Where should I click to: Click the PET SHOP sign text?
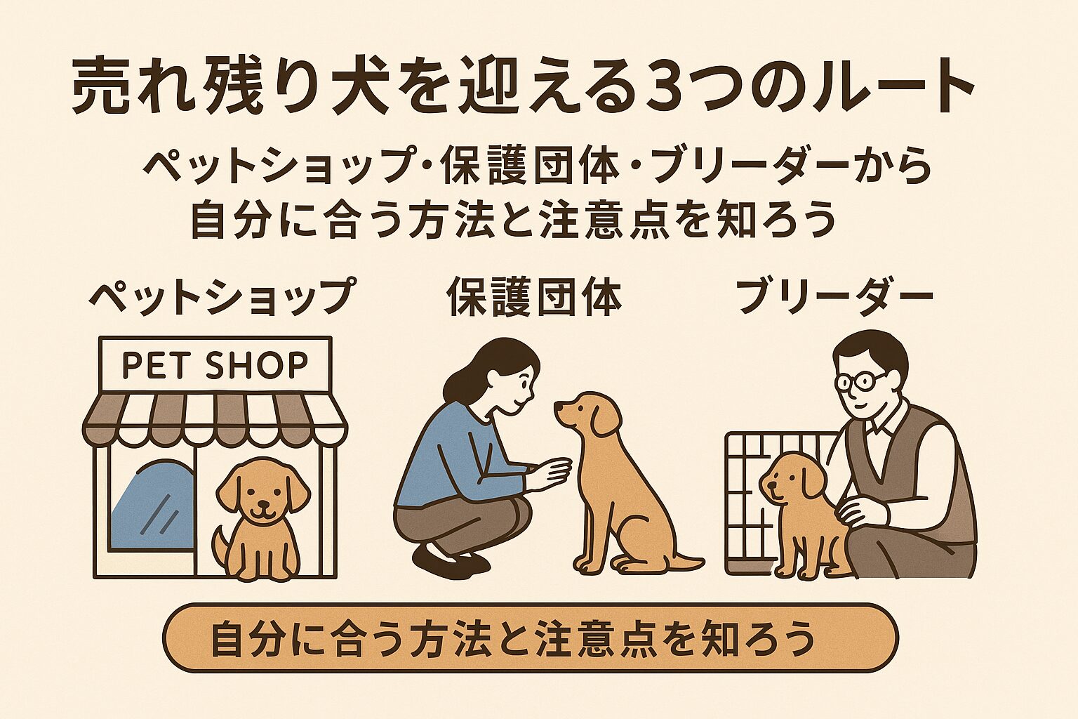coord(215,365)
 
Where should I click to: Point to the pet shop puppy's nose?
coord(262,505)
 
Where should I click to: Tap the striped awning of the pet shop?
coord(215,418)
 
